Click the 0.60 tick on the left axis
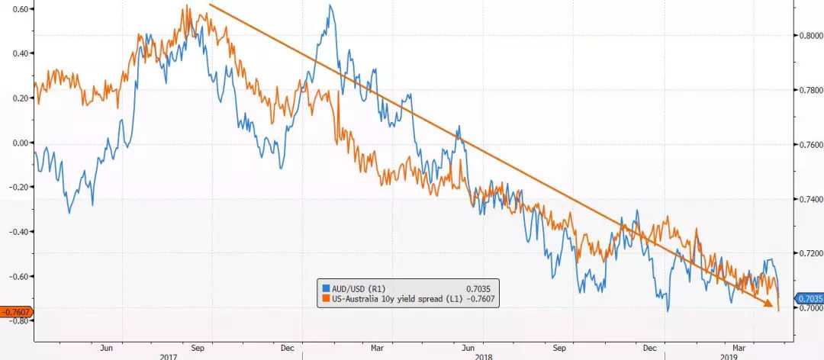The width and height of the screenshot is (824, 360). tap(19, 9)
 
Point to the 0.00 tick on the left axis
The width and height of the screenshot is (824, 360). tap(19, 143)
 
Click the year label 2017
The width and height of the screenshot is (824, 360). tap(169, 356)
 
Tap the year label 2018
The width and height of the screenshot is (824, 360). tap(483, 356)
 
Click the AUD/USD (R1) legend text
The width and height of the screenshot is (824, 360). tap(356, 288)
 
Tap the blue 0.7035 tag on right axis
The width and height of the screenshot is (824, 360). tap(808, 298)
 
